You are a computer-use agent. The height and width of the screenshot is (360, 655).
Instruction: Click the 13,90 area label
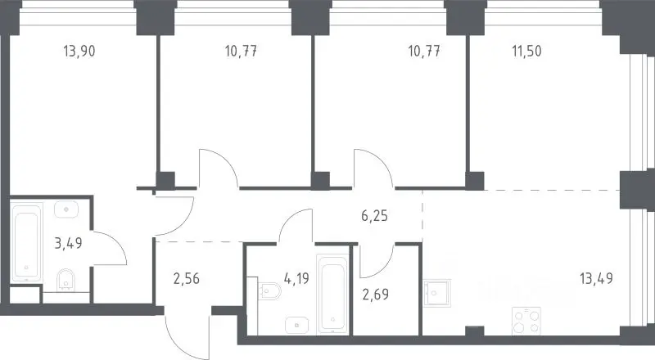click(79, 52)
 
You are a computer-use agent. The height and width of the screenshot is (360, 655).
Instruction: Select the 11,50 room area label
click(526, 52)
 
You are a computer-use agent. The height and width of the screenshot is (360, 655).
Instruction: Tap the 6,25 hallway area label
click(374, 216)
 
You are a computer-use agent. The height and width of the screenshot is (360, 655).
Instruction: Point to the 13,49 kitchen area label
click(596, 278)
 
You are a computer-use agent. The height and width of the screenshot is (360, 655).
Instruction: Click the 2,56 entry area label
click(187, 278)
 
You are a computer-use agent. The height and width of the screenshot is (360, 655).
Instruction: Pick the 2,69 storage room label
click(375, 294)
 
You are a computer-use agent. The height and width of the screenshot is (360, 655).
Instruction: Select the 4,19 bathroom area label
click(296, 278)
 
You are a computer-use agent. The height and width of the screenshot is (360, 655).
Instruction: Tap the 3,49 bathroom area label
click(69, 243)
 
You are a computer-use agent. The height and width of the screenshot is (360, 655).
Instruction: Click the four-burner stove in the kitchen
click(526, 322)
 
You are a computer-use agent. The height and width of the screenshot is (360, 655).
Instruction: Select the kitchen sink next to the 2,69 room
click(436, 293)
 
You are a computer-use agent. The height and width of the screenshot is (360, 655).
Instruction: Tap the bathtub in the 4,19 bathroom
click(332, 294)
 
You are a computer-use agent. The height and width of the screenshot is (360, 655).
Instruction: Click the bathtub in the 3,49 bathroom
click(26, 242)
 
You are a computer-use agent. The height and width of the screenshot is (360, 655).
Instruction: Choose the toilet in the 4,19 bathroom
click(269, 290)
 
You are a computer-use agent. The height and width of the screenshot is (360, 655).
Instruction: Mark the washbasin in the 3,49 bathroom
click(66, 209)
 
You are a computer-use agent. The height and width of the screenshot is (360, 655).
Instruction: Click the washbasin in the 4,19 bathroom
click(297, 325)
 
